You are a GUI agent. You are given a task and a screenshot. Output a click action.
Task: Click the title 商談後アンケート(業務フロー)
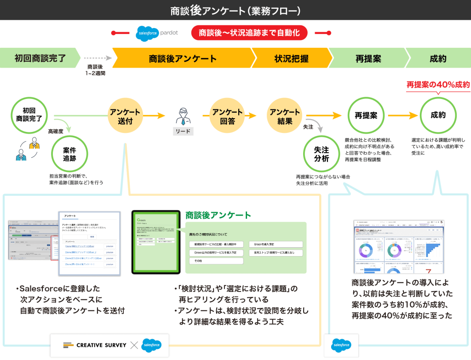pos(235,10)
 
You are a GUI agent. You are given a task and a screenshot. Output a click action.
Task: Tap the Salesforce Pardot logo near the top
pos(157,33)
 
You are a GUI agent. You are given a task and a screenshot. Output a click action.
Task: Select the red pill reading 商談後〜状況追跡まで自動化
pos(249,33)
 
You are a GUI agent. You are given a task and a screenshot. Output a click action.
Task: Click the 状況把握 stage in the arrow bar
pos(291,58)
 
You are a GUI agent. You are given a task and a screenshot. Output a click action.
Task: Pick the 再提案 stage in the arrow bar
pos(368,58)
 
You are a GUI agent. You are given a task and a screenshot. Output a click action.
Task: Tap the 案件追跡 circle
pos(69,154)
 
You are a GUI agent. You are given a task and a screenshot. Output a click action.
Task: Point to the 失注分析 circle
pos(322,154)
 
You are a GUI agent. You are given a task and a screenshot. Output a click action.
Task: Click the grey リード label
pos(183,131)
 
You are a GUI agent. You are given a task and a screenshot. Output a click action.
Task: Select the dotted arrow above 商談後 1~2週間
pos(97,58)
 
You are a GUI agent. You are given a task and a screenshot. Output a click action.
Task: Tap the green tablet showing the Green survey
pos(155,242)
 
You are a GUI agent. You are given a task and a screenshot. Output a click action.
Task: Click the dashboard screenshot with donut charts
pos(399,247)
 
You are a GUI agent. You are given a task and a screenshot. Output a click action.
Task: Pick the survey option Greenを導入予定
pos(276,244)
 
